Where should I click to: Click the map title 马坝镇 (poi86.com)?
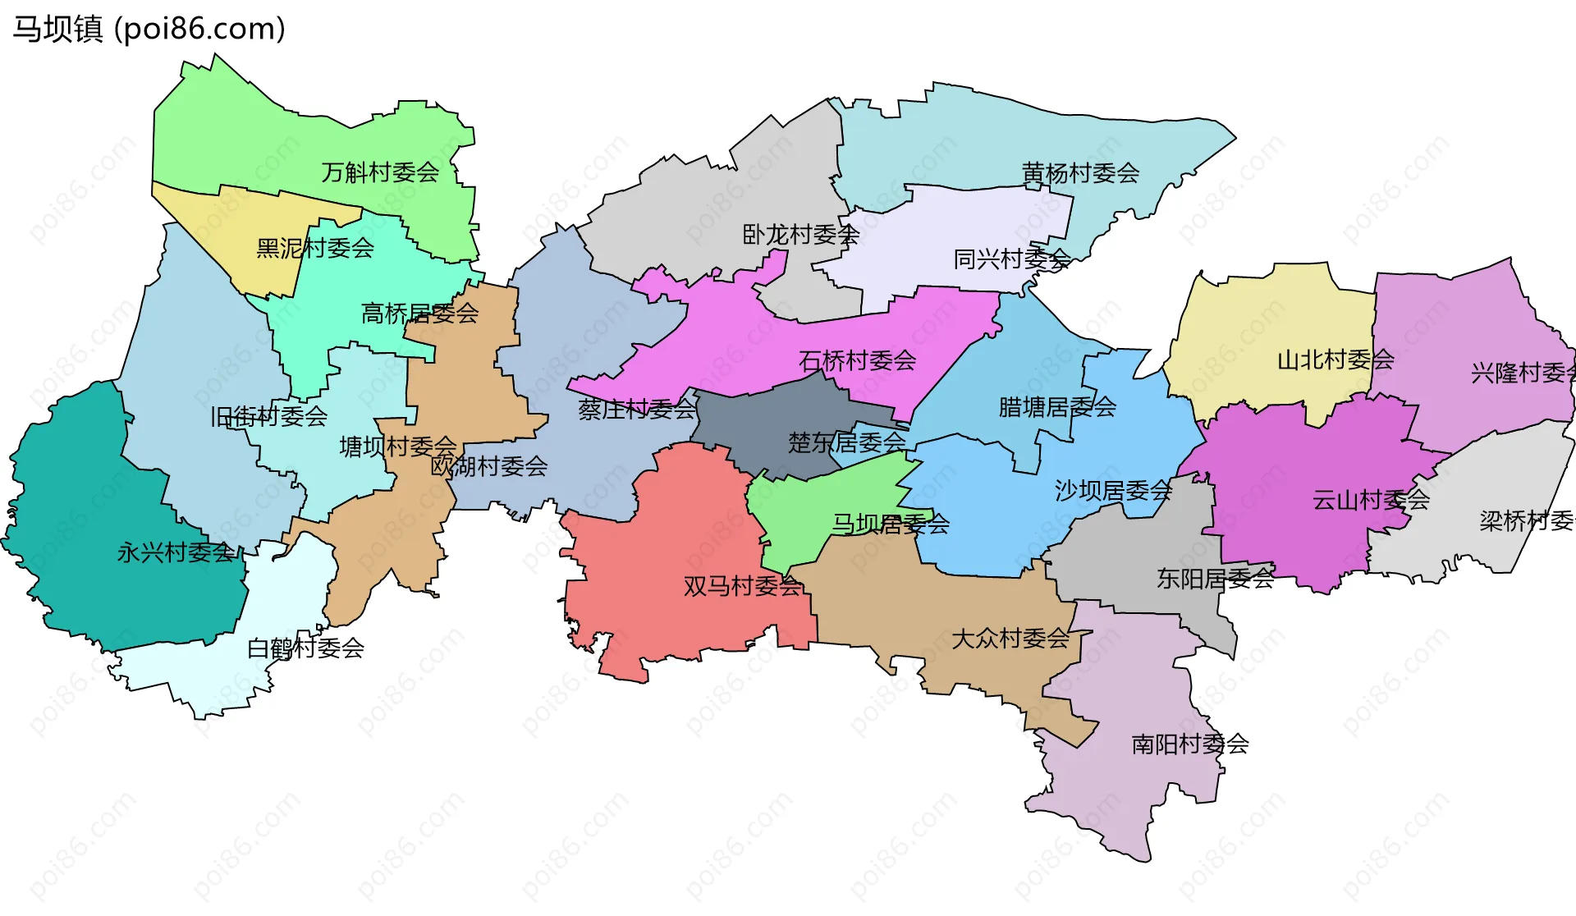click(149, 29)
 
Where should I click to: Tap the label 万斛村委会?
click(380, 172)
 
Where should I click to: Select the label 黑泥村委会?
click(315, 248)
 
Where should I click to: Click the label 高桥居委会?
click(419, 313)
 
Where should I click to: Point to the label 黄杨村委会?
click(1080, 173)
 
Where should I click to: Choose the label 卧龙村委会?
click(800, 235)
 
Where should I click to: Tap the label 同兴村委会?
click(1011, 259)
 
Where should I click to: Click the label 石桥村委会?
click(857, 360)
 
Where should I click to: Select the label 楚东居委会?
click(846, 443)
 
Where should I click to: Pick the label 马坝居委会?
click(891, 524)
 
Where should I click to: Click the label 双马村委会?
click(742, 586)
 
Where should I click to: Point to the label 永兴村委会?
click(176, 552)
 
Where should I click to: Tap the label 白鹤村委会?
click(305, 648)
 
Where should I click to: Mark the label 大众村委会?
click(1010, 639)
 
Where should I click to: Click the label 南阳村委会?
click(1190, 744)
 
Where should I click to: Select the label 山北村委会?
click(1335, 360)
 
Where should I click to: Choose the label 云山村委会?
click(1371, 500)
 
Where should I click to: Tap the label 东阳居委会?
click(1215, 579)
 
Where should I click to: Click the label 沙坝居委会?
click(1113, 491)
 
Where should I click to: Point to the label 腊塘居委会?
click(1057, 406)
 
